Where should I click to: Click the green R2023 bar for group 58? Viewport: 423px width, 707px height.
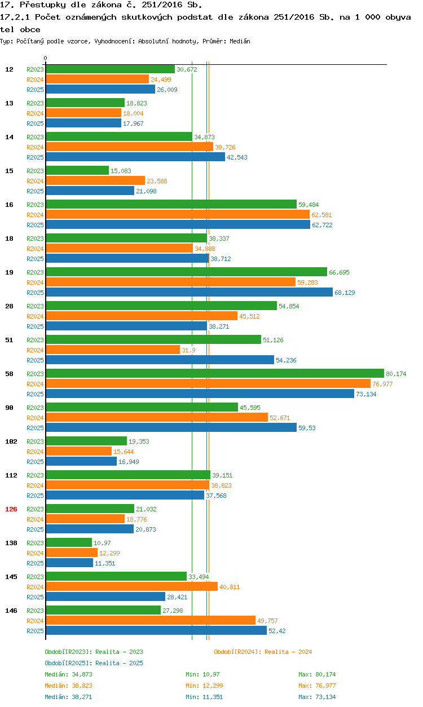coord(214,373)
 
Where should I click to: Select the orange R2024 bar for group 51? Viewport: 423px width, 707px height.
coord(112,350)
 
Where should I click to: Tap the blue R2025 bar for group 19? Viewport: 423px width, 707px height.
coord(189,292)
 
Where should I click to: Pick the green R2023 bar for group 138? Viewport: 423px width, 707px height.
coord(68,542)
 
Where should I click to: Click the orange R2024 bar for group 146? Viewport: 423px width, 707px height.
coord(150,620)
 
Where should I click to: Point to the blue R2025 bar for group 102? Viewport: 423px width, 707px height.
coord(81,461)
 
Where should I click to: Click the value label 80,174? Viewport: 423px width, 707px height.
coord(396,374)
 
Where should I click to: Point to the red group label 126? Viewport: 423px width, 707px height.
coord(11,509)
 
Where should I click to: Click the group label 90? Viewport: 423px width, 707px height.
coord(10,408)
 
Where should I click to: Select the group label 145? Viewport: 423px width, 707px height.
coord(11,577)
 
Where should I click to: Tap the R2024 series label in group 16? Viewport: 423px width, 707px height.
coord(35,215)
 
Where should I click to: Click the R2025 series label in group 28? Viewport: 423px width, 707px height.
coord(35,326)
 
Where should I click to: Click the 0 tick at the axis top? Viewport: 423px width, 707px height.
coord(45,58)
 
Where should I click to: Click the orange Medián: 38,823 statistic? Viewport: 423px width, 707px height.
coord(68,686)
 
